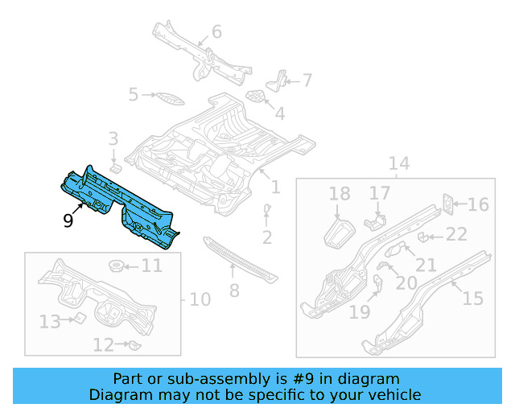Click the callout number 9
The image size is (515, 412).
click(68, 219)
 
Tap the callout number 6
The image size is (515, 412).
click(216, 32)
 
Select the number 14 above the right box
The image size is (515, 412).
click(399, 164)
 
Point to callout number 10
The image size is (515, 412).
click(200, 299)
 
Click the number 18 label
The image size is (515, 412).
click(340, 194)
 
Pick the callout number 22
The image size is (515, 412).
click(456, 234)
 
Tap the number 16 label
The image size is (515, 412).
click(478, 204)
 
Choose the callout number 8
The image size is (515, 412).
click(234, 290)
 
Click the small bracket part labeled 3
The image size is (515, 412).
click(115, 168)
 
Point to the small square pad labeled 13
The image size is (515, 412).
click(80, 319)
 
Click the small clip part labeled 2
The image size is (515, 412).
click(266, 210)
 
